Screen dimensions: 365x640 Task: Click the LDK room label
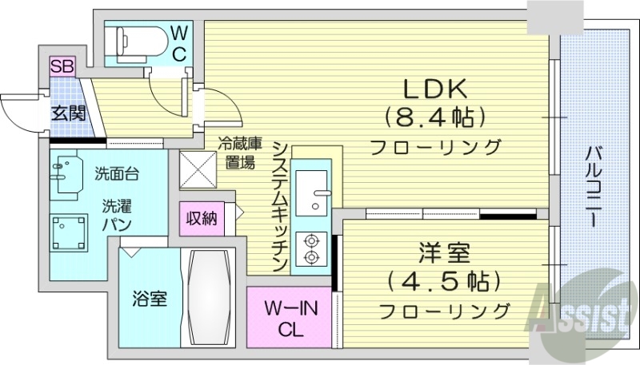(x=436, y=89)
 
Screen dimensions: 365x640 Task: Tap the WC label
(x=180, y=43)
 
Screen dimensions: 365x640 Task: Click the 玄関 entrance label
(x=68, y=113)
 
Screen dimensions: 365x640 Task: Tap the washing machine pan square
(x=72, y=232)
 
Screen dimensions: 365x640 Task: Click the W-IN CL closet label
(x=289, y=317)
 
